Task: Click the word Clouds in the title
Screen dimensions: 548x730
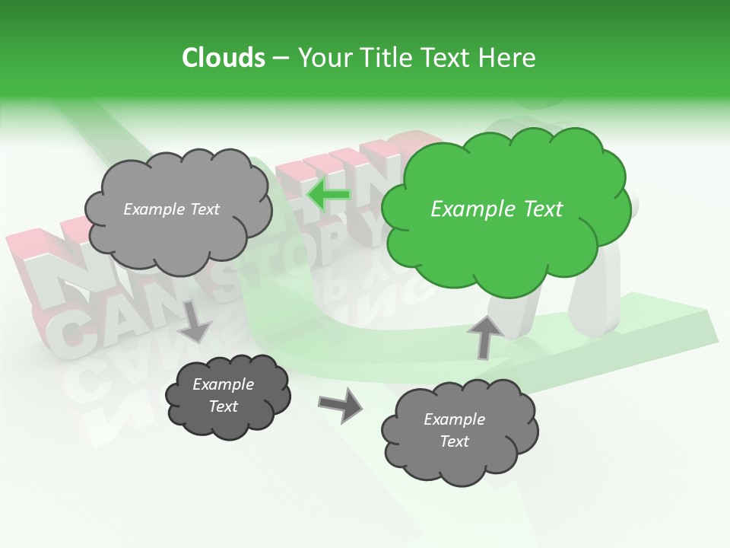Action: (224, 58)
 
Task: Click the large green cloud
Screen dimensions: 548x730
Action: (506, 251)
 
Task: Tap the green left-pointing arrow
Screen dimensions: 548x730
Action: (328, 196)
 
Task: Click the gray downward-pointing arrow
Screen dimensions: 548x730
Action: (195, 321)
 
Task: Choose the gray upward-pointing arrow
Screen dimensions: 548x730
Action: (484, 336)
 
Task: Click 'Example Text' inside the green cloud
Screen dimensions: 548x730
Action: (497, 209)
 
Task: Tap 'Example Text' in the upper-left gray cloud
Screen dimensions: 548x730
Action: (171, 209)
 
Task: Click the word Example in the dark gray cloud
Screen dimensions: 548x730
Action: (223, 384)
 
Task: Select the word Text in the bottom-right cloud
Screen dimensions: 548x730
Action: (454, 441)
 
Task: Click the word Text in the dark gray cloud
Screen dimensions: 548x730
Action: (223, 406)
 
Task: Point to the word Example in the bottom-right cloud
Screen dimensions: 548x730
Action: (454, 419)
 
